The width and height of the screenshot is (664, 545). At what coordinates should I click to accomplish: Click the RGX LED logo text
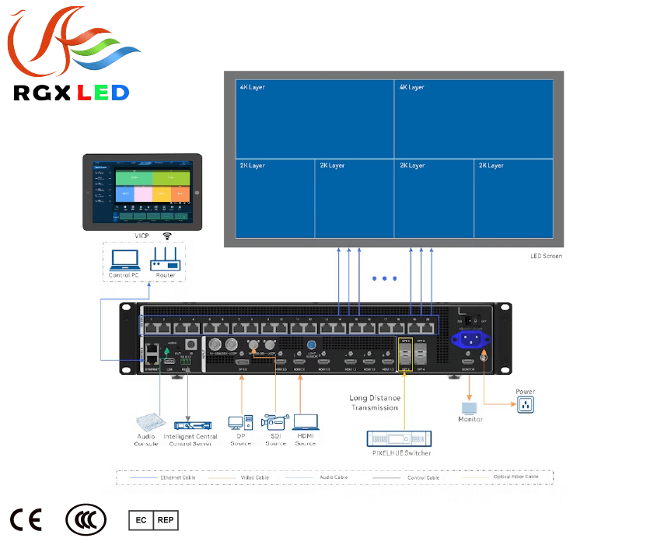71,93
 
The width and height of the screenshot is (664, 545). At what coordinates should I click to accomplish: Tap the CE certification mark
26,520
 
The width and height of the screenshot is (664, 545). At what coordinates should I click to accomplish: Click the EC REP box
153,519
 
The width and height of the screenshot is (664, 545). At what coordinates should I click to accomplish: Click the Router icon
165,258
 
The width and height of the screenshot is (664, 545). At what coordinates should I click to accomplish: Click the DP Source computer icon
239,422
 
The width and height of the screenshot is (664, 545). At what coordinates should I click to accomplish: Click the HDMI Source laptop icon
305,421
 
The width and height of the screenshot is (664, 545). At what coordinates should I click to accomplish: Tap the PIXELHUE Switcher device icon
399,438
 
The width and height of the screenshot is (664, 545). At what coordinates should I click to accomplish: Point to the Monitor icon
470,407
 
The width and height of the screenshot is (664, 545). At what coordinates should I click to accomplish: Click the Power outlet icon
526,404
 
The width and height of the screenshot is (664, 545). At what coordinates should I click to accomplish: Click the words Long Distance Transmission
374,403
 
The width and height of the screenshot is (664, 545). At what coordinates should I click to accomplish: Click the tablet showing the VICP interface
143,191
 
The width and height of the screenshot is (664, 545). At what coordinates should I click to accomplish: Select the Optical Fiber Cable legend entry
515,477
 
